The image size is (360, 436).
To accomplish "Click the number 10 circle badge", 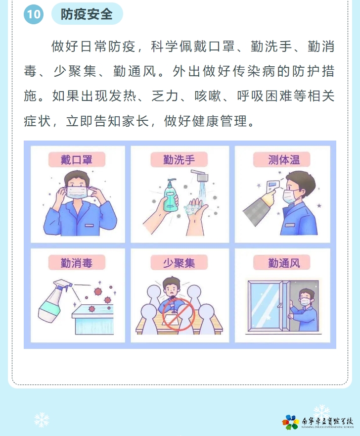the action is tap(34, 14).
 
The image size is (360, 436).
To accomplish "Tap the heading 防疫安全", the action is tap(87, 14).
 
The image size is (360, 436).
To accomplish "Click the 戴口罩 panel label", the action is tap(77, 160).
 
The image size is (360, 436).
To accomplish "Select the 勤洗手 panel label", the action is tap(179, 160).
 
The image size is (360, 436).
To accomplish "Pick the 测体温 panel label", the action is tap(282, 160).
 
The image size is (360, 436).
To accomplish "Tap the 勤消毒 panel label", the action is tap(77, 262).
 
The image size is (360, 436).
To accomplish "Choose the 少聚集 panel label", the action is tap(179, 262).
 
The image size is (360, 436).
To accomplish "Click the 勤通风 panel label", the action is tap(282, 262).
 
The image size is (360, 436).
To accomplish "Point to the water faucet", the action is tap(200, 175).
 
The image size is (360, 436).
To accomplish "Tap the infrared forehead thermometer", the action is tap(273, 187).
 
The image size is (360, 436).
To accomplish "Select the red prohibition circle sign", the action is tap(179, 315).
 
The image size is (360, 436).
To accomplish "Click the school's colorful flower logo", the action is tap(291, 422).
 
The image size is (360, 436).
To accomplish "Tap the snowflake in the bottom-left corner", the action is tap(42, 420).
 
